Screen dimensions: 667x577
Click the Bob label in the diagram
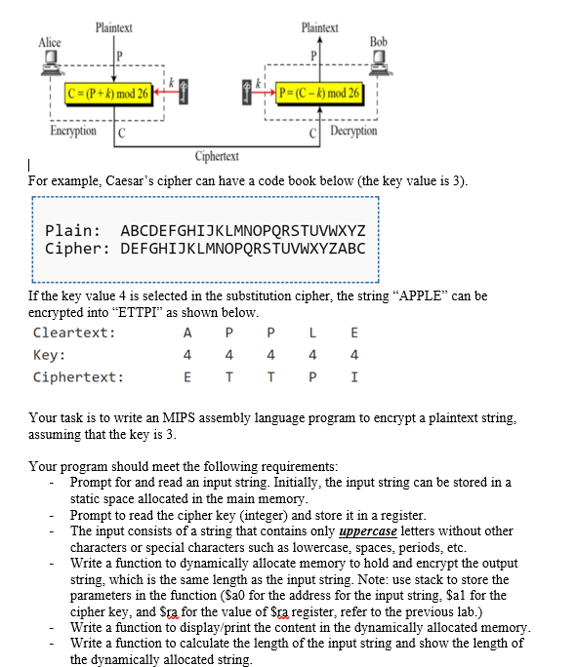point(379,42)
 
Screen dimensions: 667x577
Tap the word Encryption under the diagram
point(73,130)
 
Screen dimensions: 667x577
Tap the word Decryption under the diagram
point(354,131)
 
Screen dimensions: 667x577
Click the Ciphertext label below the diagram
point(218,156)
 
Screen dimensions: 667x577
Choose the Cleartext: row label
point(73,333)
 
